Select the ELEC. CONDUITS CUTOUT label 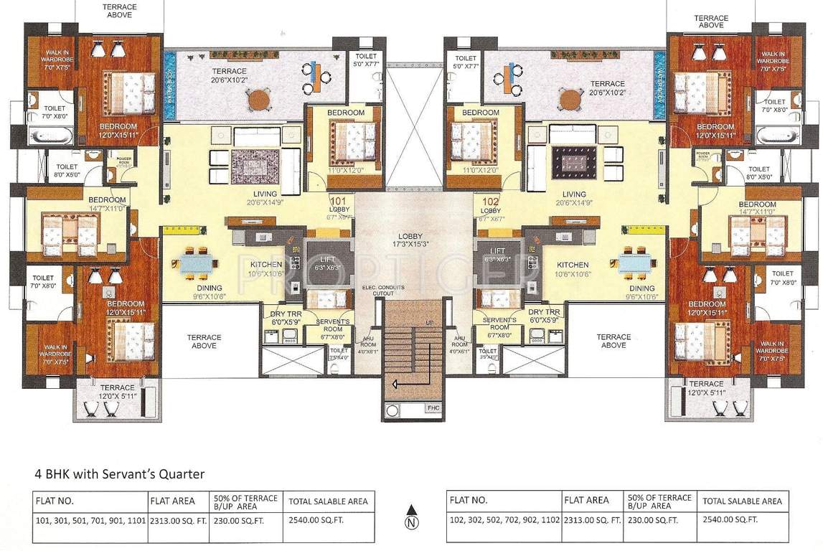tap(384, 291)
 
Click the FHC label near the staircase tap(432, 409)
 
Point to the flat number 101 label tap(338, 202)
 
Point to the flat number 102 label tap(490, 202)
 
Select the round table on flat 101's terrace tap(259, 100)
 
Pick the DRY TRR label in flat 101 tap(283, 316)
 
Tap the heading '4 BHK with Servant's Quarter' tap(120, 474)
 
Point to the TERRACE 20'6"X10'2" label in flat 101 tap(229, 75)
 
